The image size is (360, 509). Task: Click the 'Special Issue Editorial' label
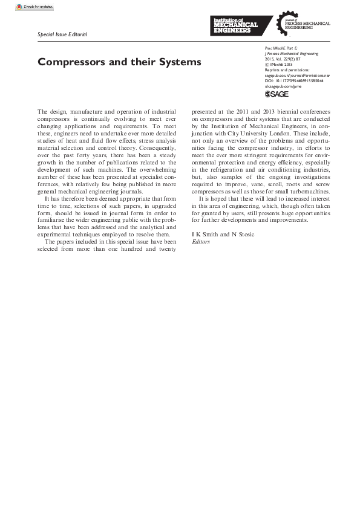click(x=62, y=34)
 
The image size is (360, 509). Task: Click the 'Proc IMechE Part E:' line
click(x=281, y=48)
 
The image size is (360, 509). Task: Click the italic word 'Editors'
click(x=200, y=241)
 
